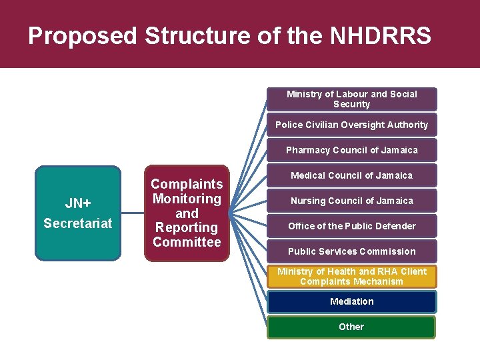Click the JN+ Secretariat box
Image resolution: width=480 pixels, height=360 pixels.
pos(79,213)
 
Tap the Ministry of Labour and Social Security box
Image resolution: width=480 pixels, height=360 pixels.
pos(351,99)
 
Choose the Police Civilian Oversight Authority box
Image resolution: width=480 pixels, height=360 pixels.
pos(351,125)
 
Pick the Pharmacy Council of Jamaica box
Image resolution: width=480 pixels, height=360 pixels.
pos(351,150)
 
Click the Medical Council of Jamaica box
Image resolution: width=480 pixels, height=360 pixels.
pos(351,175)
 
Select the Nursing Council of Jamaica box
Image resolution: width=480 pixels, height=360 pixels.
pos(351,201)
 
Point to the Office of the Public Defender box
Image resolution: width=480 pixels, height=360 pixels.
pos(351,226)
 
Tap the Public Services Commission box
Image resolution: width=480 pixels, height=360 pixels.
pos(351,251)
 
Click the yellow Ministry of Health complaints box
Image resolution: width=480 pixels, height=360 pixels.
pos(351,276)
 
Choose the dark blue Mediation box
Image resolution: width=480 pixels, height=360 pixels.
pos(351,302)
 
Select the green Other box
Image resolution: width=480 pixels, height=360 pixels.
pos(351,327)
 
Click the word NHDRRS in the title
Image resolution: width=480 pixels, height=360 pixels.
pos(381,36)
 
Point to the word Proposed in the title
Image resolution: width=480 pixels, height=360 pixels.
pos(83,36)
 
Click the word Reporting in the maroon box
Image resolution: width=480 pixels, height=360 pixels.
pos(187,227)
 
